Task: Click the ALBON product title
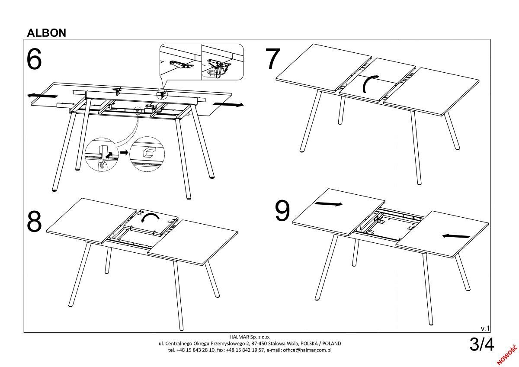tap(47, 33)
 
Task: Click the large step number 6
tap(34, 59)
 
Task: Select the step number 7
tap(273, 59)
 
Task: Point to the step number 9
tap(282, 210)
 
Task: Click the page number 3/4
tap(482, 344)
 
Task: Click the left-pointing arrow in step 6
tap(42, 95)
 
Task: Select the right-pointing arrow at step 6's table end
tap(228, 105)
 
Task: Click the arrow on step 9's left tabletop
tap(328, 204)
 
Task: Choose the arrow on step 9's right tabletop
tap(456, 236)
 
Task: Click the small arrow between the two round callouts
tap(124, 152)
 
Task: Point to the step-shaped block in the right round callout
tap(148, 152)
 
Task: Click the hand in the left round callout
tap(102, 165)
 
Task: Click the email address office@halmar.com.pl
tap(307, 350)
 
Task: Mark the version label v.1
tap(485, 328)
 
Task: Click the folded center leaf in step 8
tap(151, 222)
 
